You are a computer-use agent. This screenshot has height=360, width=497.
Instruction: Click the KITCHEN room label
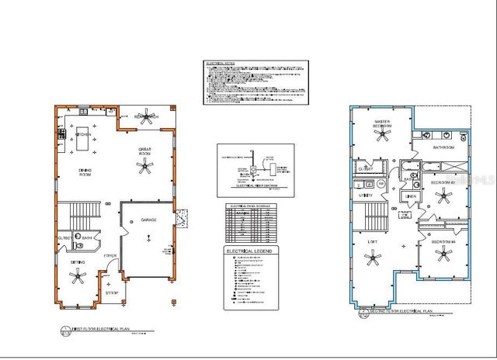84,135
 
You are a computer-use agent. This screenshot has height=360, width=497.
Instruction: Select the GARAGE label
148,220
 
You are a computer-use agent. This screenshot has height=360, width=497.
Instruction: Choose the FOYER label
111,254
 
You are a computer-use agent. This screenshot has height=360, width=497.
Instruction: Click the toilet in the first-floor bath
76,246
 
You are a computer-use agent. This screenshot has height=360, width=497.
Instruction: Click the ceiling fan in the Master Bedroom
381,136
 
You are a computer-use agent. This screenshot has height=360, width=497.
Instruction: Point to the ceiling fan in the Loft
373,261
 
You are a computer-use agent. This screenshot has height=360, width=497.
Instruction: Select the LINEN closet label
411,196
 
